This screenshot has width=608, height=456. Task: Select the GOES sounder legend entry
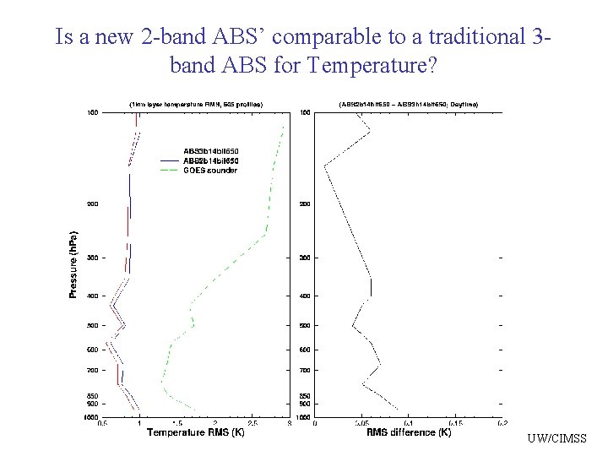coord(210,171)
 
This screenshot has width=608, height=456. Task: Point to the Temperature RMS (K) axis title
coord(196,432)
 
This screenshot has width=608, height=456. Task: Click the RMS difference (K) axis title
coord(409,432)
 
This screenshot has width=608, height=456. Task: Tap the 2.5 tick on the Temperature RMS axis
coord(252,423)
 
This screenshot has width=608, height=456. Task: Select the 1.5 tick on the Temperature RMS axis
coord(176,423)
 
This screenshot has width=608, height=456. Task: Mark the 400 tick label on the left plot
coord(92,296)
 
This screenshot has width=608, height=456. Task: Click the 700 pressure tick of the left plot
coord(92,370)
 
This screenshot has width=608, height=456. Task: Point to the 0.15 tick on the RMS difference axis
coord(455,423)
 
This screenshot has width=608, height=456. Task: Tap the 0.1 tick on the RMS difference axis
coord(409,423)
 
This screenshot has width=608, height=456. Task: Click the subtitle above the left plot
coord(196,104)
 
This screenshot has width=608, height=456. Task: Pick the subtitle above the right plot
coord(409,104)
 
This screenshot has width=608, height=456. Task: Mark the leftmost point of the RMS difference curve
coord(324,166)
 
